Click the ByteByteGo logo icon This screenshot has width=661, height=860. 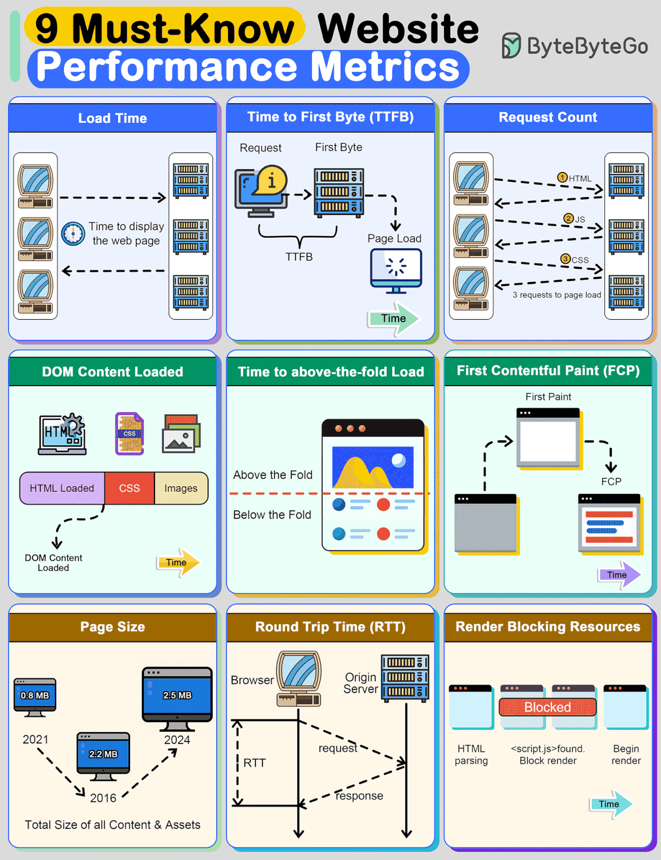coord(511,45)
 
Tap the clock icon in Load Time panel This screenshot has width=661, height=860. coord(73,234)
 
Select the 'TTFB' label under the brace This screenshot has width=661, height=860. coord(299,257)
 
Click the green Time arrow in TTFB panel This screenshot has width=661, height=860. coord(394,319)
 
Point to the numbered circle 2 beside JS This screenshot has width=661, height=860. coord(568,219)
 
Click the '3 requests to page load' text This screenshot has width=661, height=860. coord(556,295)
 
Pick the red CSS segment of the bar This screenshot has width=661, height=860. coord(129,488)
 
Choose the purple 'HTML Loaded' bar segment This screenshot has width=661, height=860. coord(62,488)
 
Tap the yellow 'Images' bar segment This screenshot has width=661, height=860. coord(181,488)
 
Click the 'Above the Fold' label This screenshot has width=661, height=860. coord(273,475)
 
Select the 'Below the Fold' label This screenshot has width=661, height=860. coord(272,515)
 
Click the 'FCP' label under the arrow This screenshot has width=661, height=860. coord(611,482)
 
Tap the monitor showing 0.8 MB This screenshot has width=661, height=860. coord(35,697)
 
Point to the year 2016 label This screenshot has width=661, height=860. coord(103,798)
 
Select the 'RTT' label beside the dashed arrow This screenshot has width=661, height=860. coord(255,763)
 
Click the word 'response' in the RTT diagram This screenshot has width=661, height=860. coord(359,796)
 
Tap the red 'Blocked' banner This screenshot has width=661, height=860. coord(547,707)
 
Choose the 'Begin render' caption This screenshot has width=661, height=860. coord(626,755)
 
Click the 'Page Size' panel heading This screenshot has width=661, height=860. coord(113,627)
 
